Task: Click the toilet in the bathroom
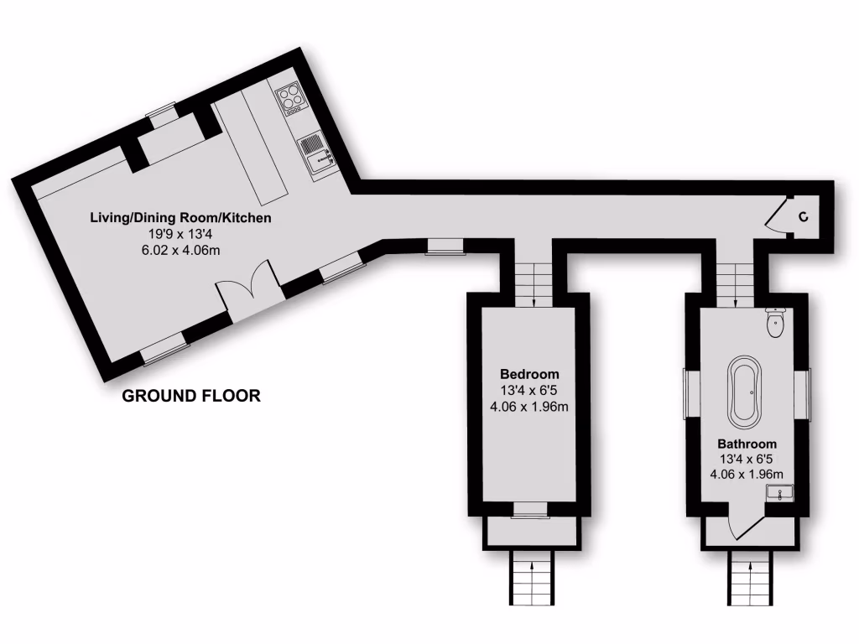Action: [774, 322]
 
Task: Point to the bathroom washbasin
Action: [781, 494]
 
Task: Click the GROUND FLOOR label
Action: [191, 396]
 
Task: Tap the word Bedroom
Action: [529, 374]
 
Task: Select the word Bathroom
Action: [747, 444]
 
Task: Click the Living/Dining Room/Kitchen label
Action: [181, 218]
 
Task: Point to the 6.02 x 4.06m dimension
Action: [181, 250]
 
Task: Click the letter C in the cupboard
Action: [804, 218]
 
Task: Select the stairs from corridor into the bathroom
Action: [736, 282]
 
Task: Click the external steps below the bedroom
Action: [530, 579]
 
